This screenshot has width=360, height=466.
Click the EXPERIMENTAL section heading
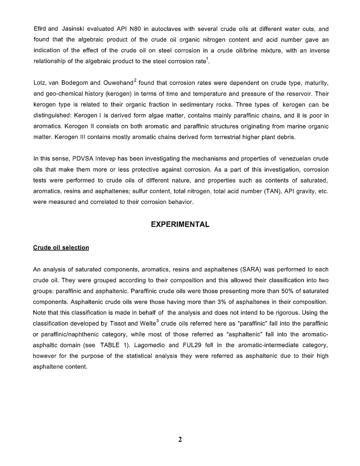[180, 225]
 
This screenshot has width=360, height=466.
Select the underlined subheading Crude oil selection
[61, 248]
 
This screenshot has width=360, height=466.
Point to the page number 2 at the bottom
[180, 440]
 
